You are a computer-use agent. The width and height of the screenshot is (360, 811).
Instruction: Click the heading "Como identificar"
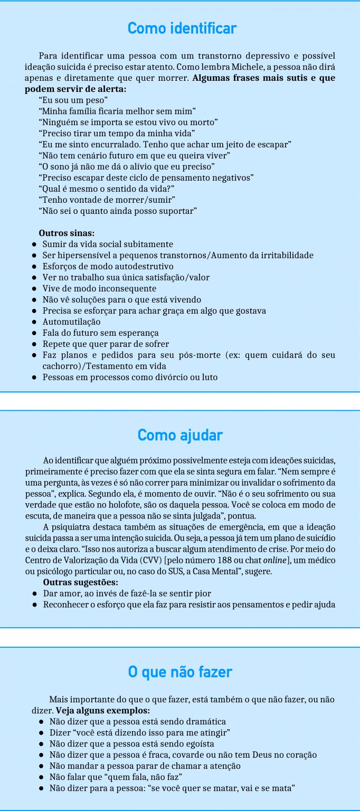tap(182, 28)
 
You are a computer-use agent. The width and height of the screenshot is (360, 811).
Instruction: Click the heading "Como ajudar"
tap(180, 436)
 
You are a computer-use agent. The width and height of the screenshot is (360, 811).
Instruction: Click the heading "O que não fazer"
tap(180, 672)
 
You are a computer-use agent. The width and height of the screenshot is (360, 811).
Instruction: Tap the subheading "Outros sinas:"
tap(67, 233)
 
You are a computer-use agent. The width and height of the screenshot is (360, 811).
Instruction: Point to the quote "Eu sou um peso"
tap(73, 100)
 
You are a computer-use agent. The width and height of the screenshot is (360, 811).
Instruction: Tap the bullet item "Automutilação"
tap(71, 322)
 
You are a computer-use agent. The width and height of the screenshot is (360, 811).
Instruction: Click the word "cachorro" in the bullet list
tap(61, 366)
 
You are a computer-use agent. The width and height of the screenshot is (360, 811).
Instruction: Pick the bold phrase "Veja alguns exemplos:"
tap(103, 711)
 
